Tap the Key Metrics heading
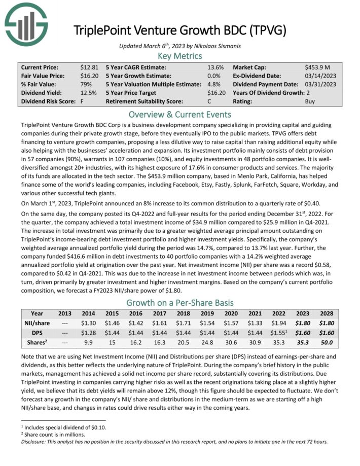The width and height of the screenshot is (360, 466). (x=179, y=56)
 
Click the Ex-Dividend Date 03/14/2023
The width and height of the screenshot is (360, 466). (x=320, y=76)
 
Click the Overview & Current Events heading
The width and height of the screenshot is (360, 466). (x=179, y=114)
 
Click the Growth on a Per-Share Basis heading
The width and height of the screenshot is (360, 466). (x=179, y=304)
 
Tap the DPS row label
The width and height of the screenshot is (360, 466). (x=37, y=332)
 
